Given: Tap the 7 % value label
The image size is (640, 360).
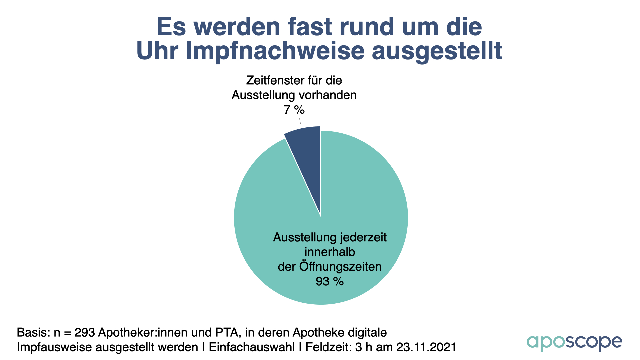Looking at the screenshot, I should (x=294, y=110).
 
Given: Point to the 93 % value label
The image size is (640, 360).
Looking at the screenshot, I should (x=329, y=281).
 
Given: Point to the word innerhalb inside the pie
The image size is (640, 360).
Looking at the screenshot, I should (x=329, y=252).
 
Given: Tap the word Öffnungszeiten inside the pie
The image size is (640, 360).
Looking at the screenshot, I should (x=340, y=267).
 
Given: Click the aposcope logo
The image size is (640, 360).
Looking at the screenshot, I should (x=574, y=343).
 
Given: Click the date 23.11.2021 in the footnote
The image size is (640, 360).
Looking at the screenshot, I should (x=426, y=347).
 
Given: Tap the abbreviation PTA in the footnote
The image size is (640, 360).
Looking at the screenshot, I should (x=231, y=333).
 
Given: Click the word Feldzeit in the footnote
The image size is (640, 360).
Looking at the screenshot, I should (x=328, y=347).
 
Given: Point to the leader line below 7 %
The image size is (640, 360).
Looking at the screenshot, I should (x=300, y=121).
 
